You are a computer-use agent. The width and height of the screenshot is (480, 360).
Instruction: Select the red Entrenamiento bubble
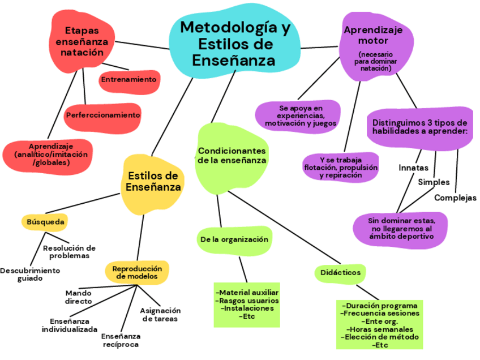point(128,80)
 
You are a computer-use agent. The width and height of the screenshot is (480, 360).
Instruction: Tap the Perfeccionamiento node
point(103,115)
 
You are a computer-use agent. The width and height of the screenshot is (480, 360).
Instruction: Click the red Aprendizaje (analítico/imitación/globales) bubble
point(51,154)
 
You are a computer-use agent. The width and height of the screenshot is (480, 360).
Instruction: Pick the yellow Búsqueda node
point(46,222)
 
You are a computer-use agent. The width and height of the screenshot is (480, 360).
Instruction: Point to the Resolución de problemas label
point(69,251)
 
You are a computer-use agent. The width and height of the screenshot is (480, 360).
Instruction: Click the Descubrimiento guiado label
point(29,275)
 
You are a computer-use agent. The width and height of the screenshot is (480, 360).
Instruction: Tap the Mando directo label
point(78,297)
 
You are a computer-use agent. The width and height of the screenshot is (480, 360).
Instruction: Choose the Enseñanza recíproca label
point(121,340)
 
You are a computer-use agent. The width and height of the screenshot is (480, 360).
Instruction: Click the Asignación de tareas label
point(160,314)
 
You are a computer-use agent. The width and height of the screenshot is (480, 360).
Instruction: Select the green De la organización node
point(234,239)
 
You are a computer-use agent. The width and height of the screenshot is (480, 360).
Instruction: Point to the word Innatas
point(413,168)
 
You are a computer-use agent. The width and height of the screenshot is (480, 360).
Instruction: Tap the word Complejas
point(455,198)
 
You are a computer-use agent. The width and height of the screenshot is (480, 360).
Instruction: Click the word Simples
point(434,182)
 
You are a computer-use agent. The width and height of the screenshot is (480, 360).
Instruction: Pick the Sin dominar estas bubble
point(401,228)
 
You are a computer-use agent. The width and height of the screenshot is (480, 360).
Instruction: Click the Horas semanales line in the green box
point(380,329)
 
